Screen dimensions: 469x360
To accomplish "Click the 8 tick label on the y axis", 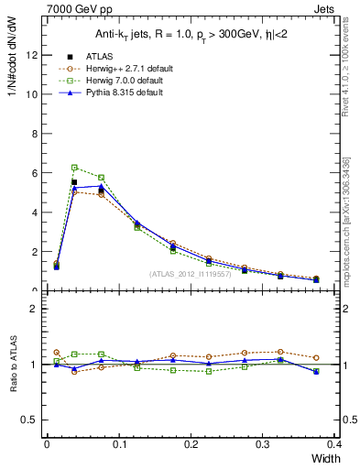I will click(x=34, y=134).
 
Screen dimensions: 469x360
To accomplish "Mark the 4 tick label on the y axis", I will click(x=34, y=213).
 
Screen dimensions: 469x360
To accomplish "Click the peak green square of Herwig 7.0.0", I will click(x=74, y=168).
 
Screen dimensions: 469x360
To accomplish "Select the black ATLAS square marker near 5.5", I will click(x=74, y=182).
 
